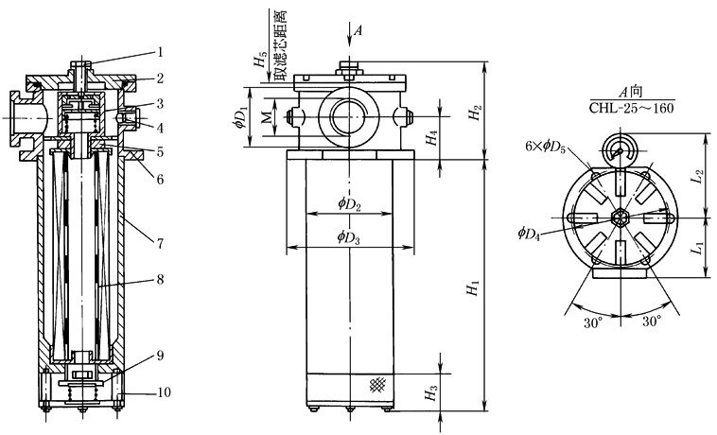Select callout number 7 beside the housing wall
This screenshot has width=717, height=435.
[161, 243]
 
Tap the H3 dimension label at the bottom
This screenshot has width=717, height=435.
[431, 394]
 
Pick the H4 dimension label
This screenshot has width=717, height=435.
[431, 139]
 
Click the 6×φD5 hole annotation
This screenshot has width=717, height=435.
[547, 148]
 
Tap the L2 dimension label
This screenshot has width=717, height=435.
[697, 176]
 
